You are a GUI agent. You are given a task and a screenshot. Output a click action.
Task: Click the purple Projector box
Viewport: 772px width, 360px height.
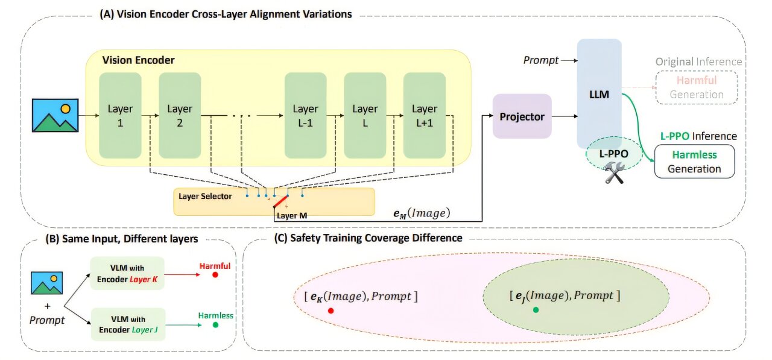click(x=522, y=117)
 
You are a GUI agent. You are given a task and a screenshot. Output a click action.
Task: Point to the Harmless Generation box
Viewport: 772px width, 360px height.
click(x=694, y=162)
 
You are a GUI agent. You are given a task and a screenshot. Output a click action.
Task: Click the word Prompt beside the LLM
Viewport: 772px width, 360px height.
click(x=540, y=60)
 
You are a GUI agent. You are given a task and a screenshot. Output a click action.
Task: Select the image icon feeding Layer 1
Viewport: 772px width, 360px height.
click(x=55, y=115)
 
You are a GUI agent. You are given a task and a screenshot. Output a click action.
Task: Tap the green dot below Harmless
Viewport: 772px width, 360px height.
click(x=215, y=325)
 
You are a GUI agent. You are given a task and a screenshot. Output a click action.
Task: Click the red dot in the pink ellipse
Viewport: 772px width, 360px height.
click(x=331, y=311)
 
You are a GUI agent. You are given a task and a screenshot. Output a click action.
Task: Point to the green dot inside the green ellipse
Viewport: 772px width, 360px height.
click(x=536, y=309)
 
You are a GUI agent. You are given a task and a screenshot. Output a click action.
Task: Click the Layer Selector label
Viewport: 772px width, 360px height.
click(x=205, y=196)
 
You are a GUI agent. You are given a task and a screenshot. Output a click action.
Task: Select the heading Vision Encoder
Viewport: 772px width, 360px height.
click(x=138, y=60)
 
